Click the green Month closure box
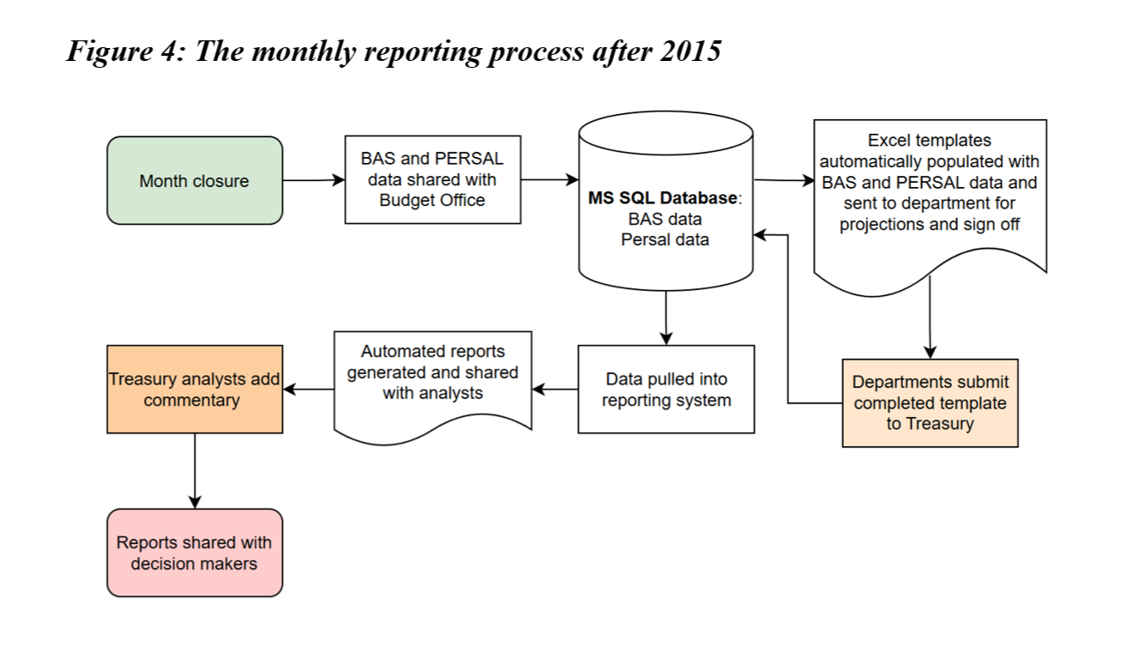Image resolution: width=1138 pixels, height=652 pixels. (x=195, y=181)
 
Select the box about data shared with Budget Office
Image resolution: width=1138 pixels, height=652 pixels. (x=432, y=180)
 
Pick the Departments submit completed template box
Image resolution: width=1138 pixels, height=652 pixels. (x=930, y=402)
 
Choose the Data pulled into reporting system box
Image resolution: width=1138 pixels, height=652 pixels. (x=665, y=389)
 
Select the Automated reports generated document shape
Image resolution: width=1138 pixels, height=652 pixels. (x=432, y=377)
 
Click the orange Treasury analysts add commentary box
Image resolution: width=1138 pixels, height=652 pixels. (x=195, y=389)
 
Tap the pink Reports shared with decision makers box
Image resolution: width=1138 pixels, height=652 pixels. (x=195, y=552)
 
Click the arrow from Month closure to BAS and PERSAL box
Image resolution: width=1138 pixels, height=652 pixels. (x=313, y=181)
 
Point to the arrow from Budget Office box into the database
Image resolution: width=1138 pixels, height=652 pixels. (x=549, y=180)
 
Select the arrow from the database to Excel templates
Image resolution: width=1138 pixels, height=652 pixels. (x=783, y=181)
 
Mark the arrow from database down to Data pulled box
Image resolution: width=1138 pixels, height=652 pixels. (x=665, y=317)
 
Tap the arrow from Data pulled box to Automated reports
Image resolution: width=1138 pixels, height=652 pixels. (x=555, y=389)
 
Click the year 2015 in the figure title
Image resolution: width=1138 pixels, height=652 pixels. (x=691, y=51)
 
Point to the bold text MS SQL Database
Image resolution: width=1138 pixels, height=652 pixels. (x=662, y=198)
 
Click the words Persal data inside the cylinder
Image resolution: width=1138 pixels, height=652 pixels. (x=665, y=239)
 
